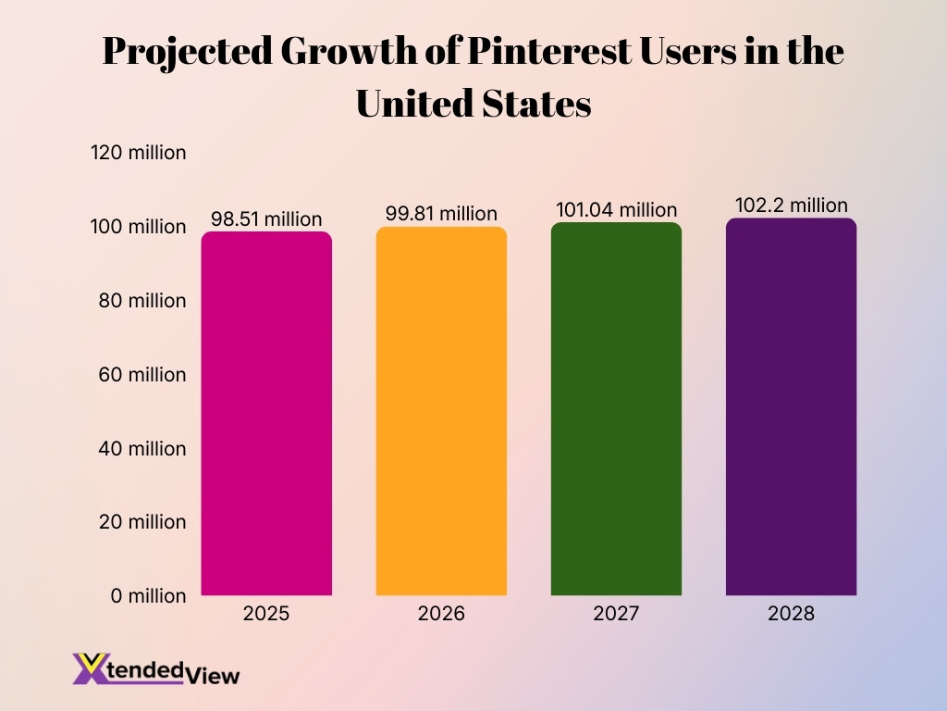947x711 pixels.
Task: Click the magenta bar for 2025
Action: tap(266, 413)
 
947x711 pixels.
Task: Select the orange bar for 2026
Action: tap(441, 411)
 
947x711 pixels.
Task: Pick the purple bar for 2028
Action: tap(791, 406)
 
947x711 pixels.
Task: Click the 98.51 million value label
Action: tap(266, 219)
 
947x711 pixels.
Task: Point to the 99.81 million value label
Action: tap(441, 214)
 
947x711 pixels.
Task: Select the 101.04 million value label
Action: tap(616, 210)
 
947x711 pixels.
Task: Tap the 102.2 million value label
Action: tap(791, 206)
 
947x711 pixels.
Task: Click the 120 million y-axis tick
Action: tap(139, 153)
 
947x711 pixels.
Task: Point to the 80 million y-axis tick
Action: tap(142, 301)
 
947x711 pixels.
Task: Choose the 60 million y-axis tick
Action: tap(142, 375)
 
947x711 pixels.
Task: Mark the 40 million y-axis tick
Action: tap(142, 448)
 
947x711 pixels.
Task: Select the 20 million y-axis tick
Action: tap(142, 522)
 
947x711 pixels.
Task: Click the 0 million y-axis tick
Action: tap(148, 596)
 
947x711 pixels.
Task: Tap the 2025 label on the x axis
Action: tap(266, 614)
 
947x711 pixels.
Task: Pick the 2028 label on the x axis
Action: tap(791, 614)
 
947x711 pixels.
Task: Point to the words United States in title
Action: tap(473, 104)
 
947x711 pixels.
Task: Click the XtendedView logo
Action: tap(155, 668)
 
